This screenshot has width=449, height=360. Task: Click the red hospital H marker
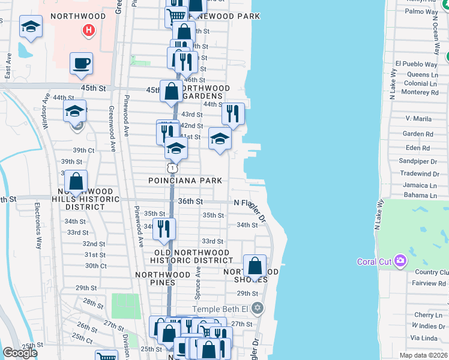[89, 29]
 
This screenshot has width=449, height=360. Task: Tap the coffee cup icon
[81, 63]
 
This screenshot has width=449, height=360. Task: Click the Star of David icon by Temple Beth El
[258, 308]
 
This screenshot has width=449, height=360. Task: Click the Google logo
[20, 353]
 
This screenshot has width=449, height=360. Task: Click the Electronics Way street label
[38, 226]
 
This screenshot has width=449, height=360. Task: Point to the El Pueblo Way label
[415, 64]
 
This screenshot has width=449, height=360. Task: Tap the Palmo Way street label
[421, 11]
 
